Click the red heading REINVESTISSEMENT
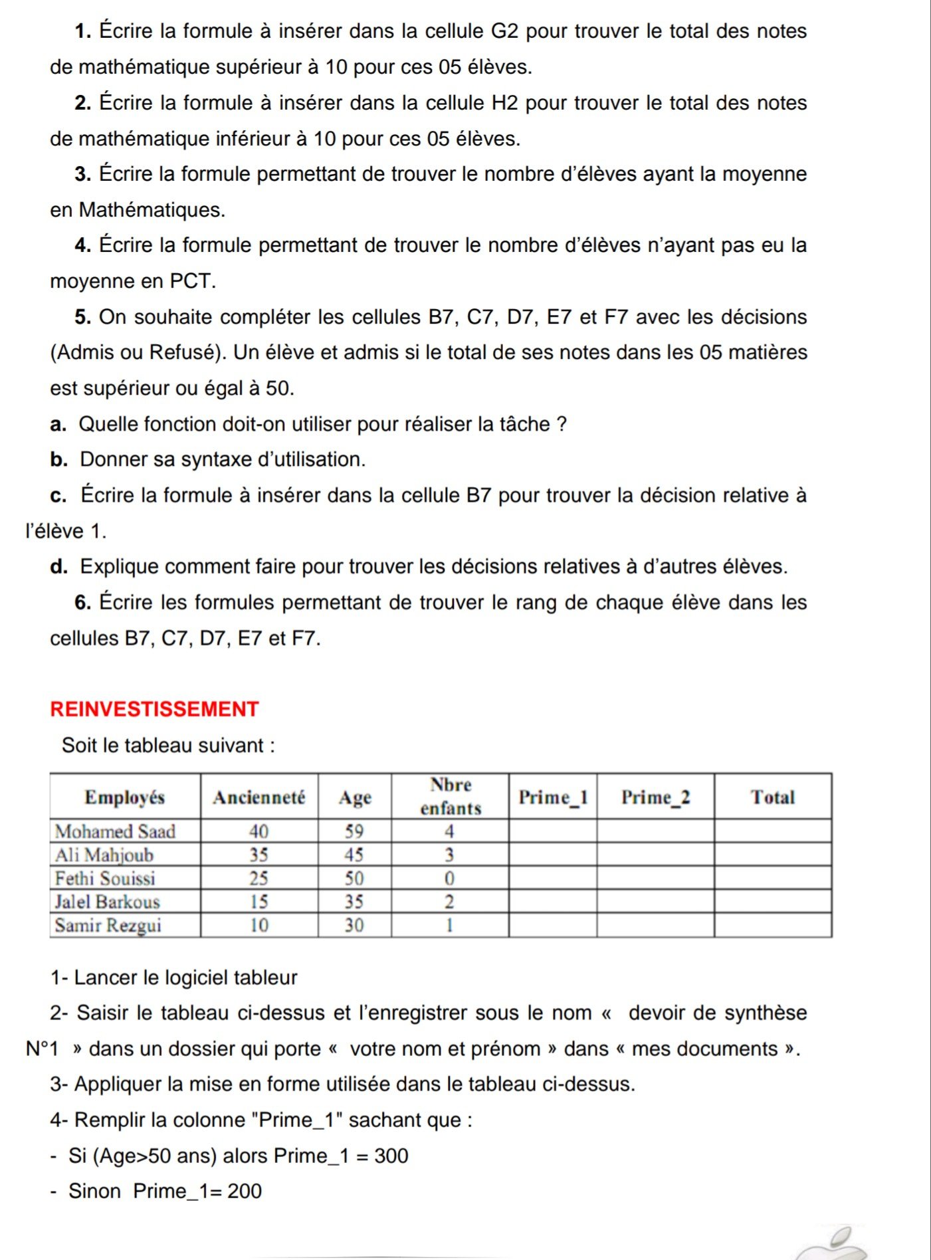pyautogui.click(x=154, y=709)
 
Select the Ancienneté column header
pyautogui.click(x=259, y=797)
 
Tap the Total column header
pyautogui.click(x=772, y=797)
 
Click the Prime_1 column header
pyautogui.click(x=553, y=797)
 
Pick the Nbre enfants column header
pyautogui.click(x=451, y=796)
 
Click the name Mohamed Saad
pyautogui.click(x=115, y=831)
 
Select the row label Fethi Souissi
pyautogui.click(x=105, y=879)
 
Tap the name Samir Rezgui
pyautogui.click(x=108, y=925)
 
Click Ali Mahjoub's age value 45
pyautogui.click(x=354, y=855)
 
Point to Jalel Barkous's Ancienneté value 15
pyautogui.click(x=259, y=902)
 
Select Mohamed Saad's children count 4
pyautogui.click(x=449, y=831)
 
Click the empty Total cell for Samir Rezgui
pyautogui.click(x=772, y=925)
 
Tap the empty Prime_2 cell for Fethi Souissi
pyautogui.click(x=655, y=879)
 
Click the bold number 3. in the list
pyautogui.click(x=84, y=174)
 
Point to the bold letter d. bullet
pyautogui.click(x=58, y=567)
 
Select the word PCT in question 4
pyautogui.click(x=193, y=281)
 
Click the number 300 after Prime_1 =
pyautogui.click(x=391, y=1156)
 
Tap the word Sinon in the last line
pyautogui.click(x=95, y=1191)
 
